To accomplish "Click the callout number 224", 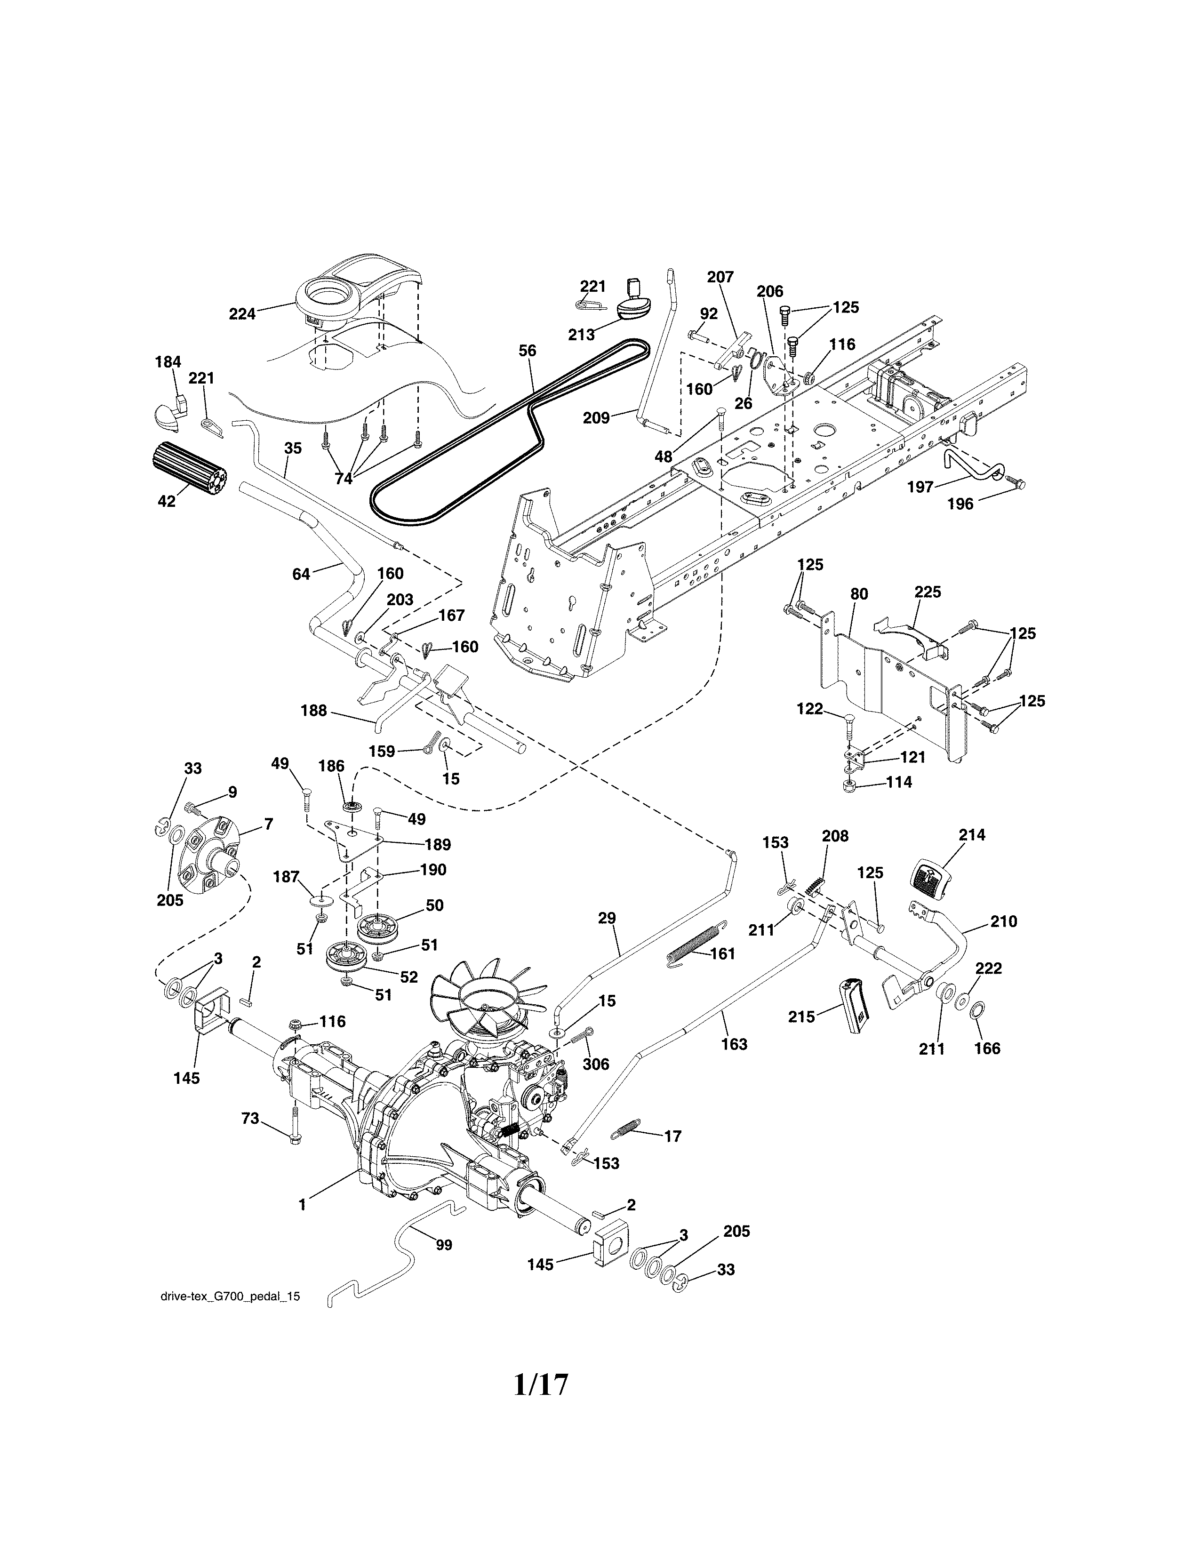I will coord(242,313).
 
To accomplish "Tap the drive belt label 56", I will coord(528,351).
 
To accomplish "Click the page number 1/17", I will coord(542,1385).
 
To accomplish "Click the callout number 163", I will coord(735,1044).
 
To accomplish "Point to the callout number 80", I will coord(859,594).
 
